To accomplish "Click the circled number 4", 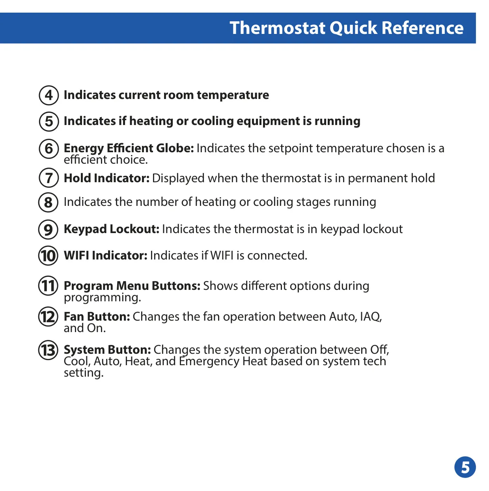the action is click(49, 95).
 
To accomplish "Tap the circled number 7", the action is click(49, 178).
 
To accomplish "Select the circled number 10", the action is click(48, 256).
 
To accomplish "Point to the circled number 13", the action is click(48, 350).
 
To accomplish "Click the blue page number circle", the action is click(465, 467).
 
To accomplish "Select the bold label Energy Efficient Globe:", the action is click(129, 148).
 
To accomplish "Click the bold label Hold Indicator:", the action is click(106, 178).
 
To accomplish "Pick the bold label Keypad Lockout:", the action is click(112, 229).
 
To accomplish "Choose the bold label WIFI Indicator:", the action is click(106, 255).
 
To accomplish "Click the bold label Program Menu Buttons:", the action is click(132, 286).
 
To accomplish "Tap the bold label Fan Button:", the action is click(97, 317).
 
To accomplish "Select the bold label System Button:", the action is click(107, 350).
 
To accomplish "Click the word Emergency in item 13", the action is click(209, 362).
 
